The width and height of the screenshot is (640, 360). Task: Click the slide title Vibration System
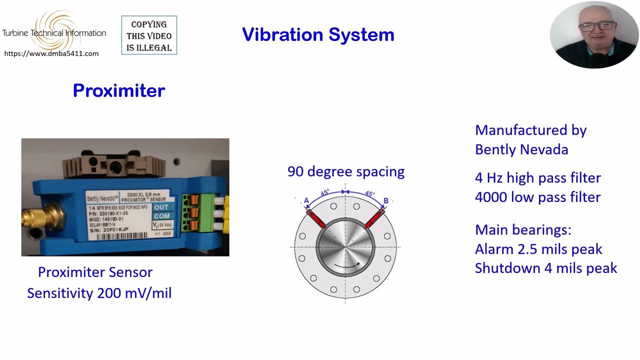318,35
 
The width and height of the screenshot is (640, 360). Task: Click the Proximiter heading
119,90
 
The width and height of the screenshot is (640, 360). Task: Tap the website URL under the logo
51,53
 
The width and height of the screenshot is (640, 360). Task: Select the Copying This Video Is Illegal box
149,35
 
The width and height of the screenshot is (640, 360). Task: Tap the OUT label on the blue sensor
161,207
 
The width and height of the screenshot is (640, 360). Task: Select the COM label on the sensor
161,216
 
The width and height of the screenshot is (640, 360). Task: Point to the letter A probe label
306,201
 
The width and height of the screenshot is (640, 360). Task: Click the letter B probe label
385,201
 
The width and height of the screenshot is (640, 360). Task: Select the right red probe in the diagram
375,218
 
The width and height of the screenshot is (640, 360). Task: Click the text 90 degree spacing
345,171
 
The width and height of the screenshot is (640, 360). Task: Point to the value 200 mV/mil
134,293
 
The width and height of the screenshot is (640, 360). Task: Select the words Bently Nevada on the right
521,149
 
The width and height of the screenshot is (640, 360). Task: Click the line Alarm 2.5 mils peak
538,249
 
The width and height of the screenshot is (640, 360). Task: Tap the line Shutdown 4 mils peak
546,268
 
